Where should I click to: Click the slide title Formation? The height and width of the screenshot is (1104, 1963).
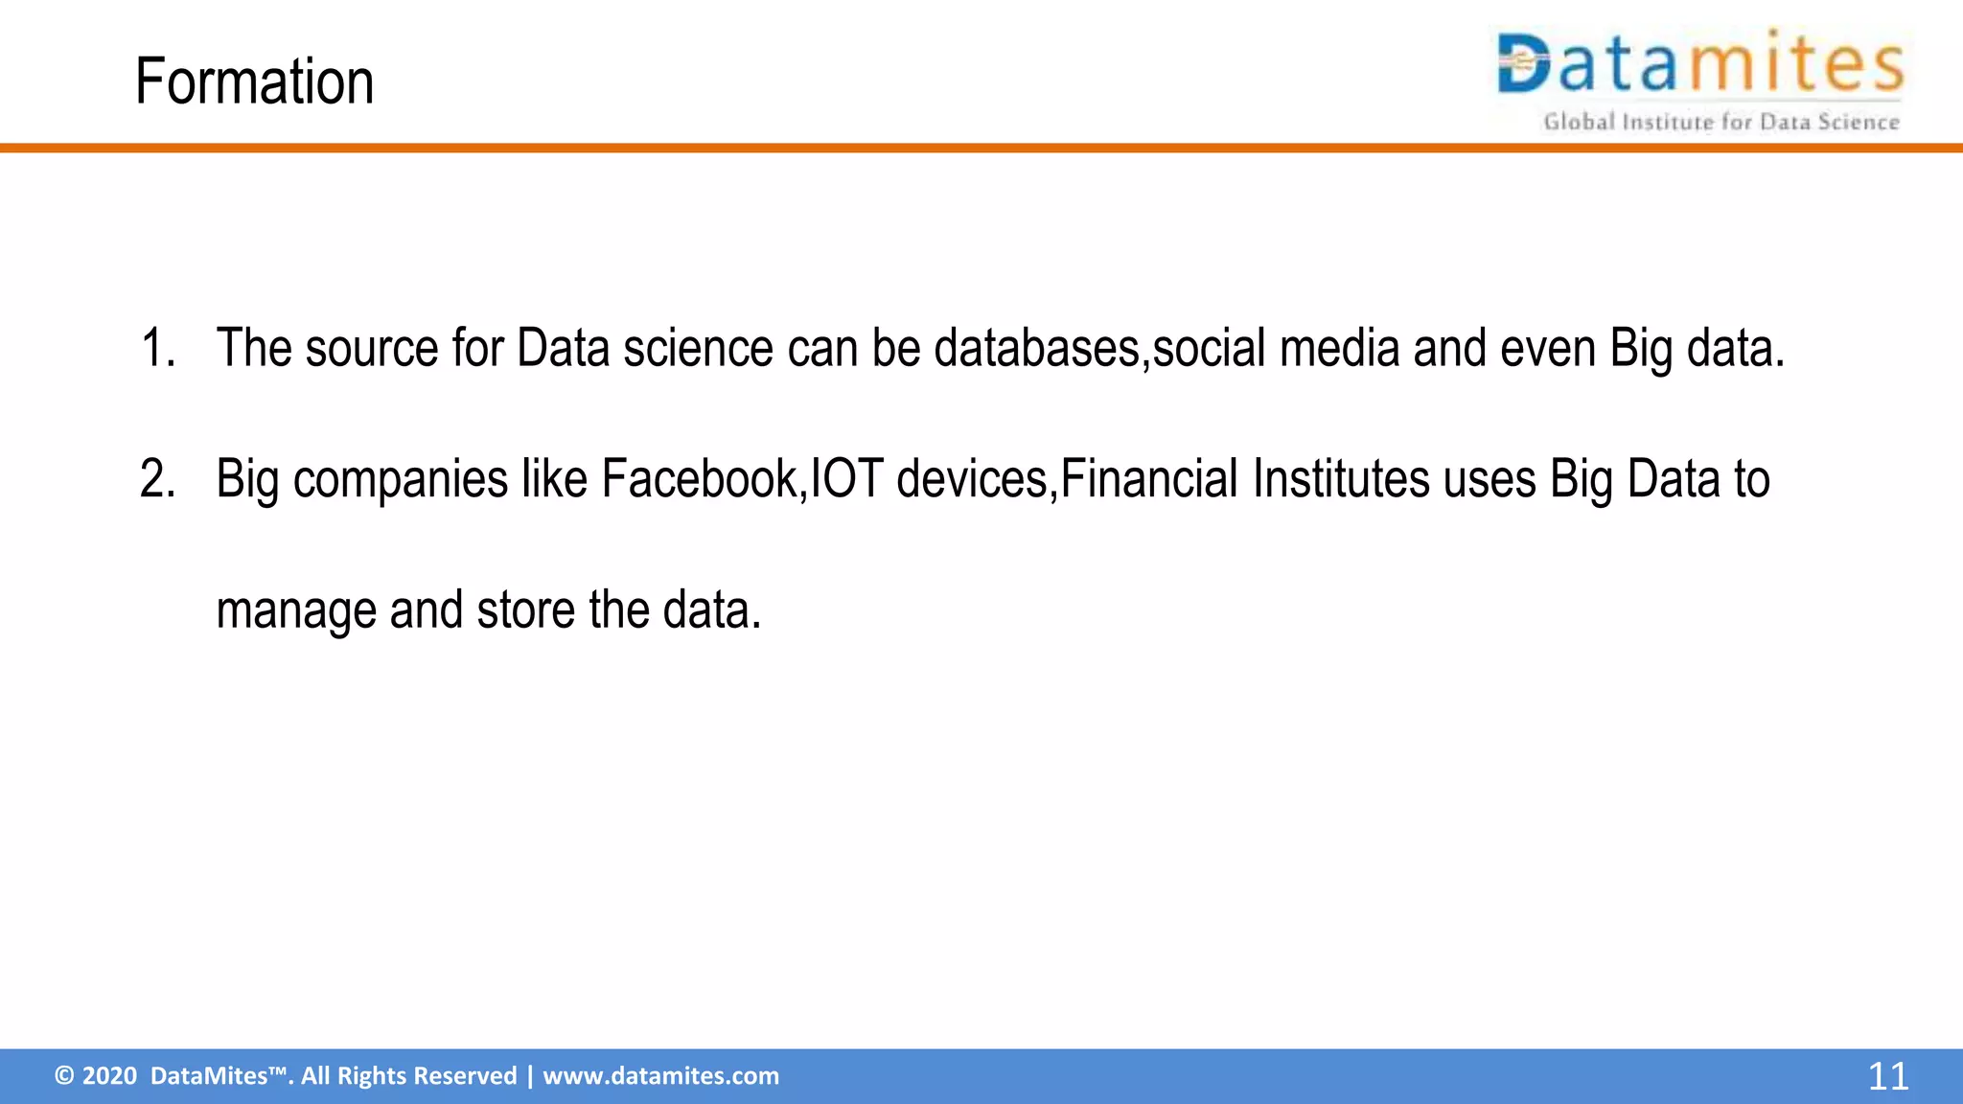254,82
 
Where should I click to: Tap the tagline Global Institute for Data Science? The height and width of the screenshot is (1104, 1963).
1721,123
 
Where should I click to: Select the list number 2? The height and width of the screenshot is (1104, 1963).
157,479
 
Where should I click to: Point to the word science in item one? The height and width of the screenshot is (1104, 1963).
698,348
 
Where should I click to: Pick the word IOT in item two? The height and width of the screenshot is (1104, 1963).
846,479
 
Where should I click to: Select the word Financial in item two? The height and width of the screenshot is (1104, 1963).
1149,479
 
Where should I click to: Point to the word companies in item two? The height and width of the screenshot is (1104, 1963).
400,479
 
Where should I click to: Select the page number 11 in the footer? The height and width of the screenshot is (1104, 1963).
1887,1076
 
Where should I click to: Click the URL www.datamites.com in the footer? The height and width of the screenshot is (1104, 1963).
660,1076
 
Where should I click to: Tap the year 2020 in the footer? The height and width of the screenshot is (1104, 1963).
109,1076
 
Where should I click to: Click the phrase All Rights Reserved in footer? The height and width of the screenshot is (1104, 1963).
408,1076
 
